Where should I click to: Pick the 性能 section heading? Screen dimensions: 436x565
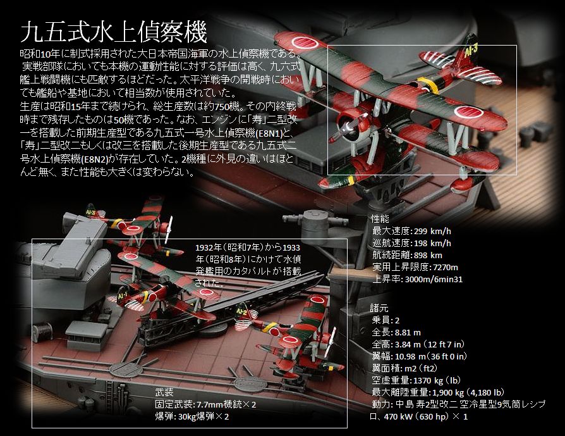point(380,218)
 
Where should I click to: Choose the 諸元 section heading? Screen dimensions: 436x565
point(380,308)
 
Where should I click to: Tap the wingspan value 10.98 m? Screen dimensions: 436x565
point(410,356)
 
